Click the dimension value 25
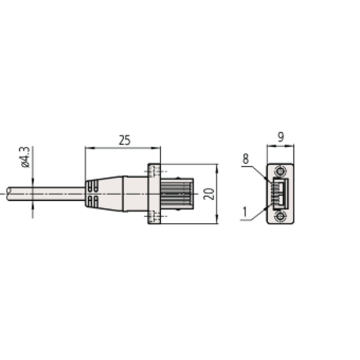point(125,140)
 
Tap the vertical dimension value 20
point(209,194)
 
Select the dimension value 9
point(281,137)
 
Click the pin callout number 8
point(246,159)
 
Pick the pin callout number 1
point(245,211)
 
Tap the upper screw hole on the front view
point(280,171)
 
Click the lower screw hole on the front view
point(280,216)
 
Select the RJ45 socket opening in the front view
point(280,194)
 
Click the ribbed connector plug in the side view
point(177,194)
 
